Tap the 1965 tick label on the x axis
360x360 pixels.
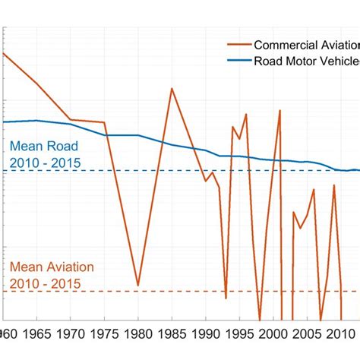(x=37, y=334)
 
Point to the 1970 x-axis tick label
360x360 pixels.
(x=71, y=334)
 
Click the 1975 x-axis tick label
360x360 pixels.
(x=105, y=334)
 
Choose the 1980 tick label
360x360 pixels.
(x=138, y=334)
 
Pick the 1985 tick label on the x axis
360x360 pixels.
(x=172, y=334)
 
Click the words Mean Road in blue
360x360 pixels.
(x=45, y=147)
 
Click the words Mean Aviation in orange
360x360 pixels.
(x=52, y=267)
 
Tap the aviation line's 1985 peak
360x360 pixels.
(x=172, y=89)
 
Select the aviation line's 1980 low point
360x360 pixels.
(x=138, y=286)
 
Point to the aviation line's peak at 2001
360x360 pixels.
(x=280, y=111)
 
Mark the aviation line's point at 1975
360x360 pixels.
(x=105, y=122)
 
